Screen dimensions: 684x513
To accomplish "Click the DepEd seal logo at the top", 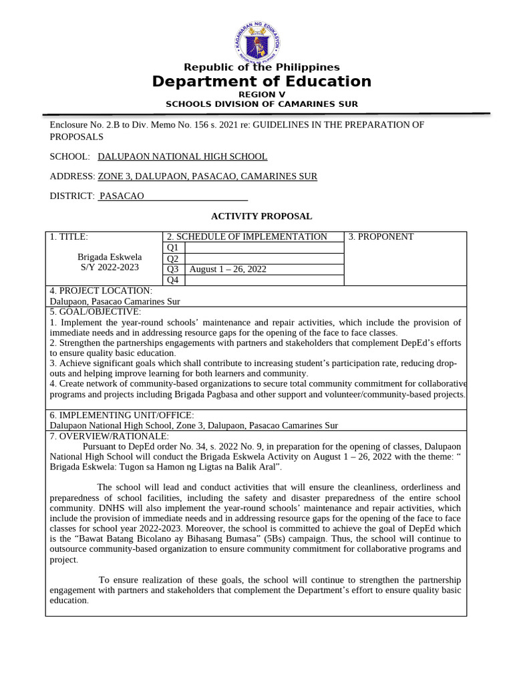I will pos(258,41).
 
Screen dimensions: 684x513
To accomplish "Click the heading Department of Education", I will pos(261,81).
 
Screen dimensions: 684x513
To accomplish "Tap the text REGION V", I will pos(261,95).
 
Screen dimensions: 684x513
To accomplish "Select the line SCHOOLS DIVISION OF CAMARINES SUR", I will pos(261,104).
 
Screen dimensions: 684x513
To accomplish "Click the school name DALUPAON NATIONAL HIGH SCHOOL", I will pos(182,156).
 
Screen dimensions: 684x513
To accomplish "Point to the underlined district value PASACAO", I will pos(122,196).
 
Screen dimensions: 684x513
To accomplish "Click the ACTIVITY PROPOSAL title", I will pos(261,216).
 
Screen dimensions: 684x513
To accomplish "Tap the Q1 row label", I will pos(173,248).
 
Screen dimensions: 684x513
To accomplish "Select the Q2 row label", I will pos(173,259).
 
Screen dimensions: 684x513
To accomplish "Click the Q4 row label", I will pos(173,280).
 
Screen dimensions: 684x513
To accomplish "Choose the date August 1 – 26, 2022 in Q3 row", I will pos(228,269).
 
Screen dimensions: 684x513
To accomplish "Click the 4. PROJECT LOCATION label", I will pos(101,291).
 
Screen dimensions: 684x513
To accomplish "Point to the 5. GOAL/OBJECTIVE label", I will pos(96,312).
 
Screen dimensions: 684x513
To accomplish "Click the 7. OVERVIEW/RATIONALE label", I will pos(110,436).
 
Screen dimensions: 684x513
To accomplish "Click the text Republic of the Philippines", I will pos(261,67).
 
